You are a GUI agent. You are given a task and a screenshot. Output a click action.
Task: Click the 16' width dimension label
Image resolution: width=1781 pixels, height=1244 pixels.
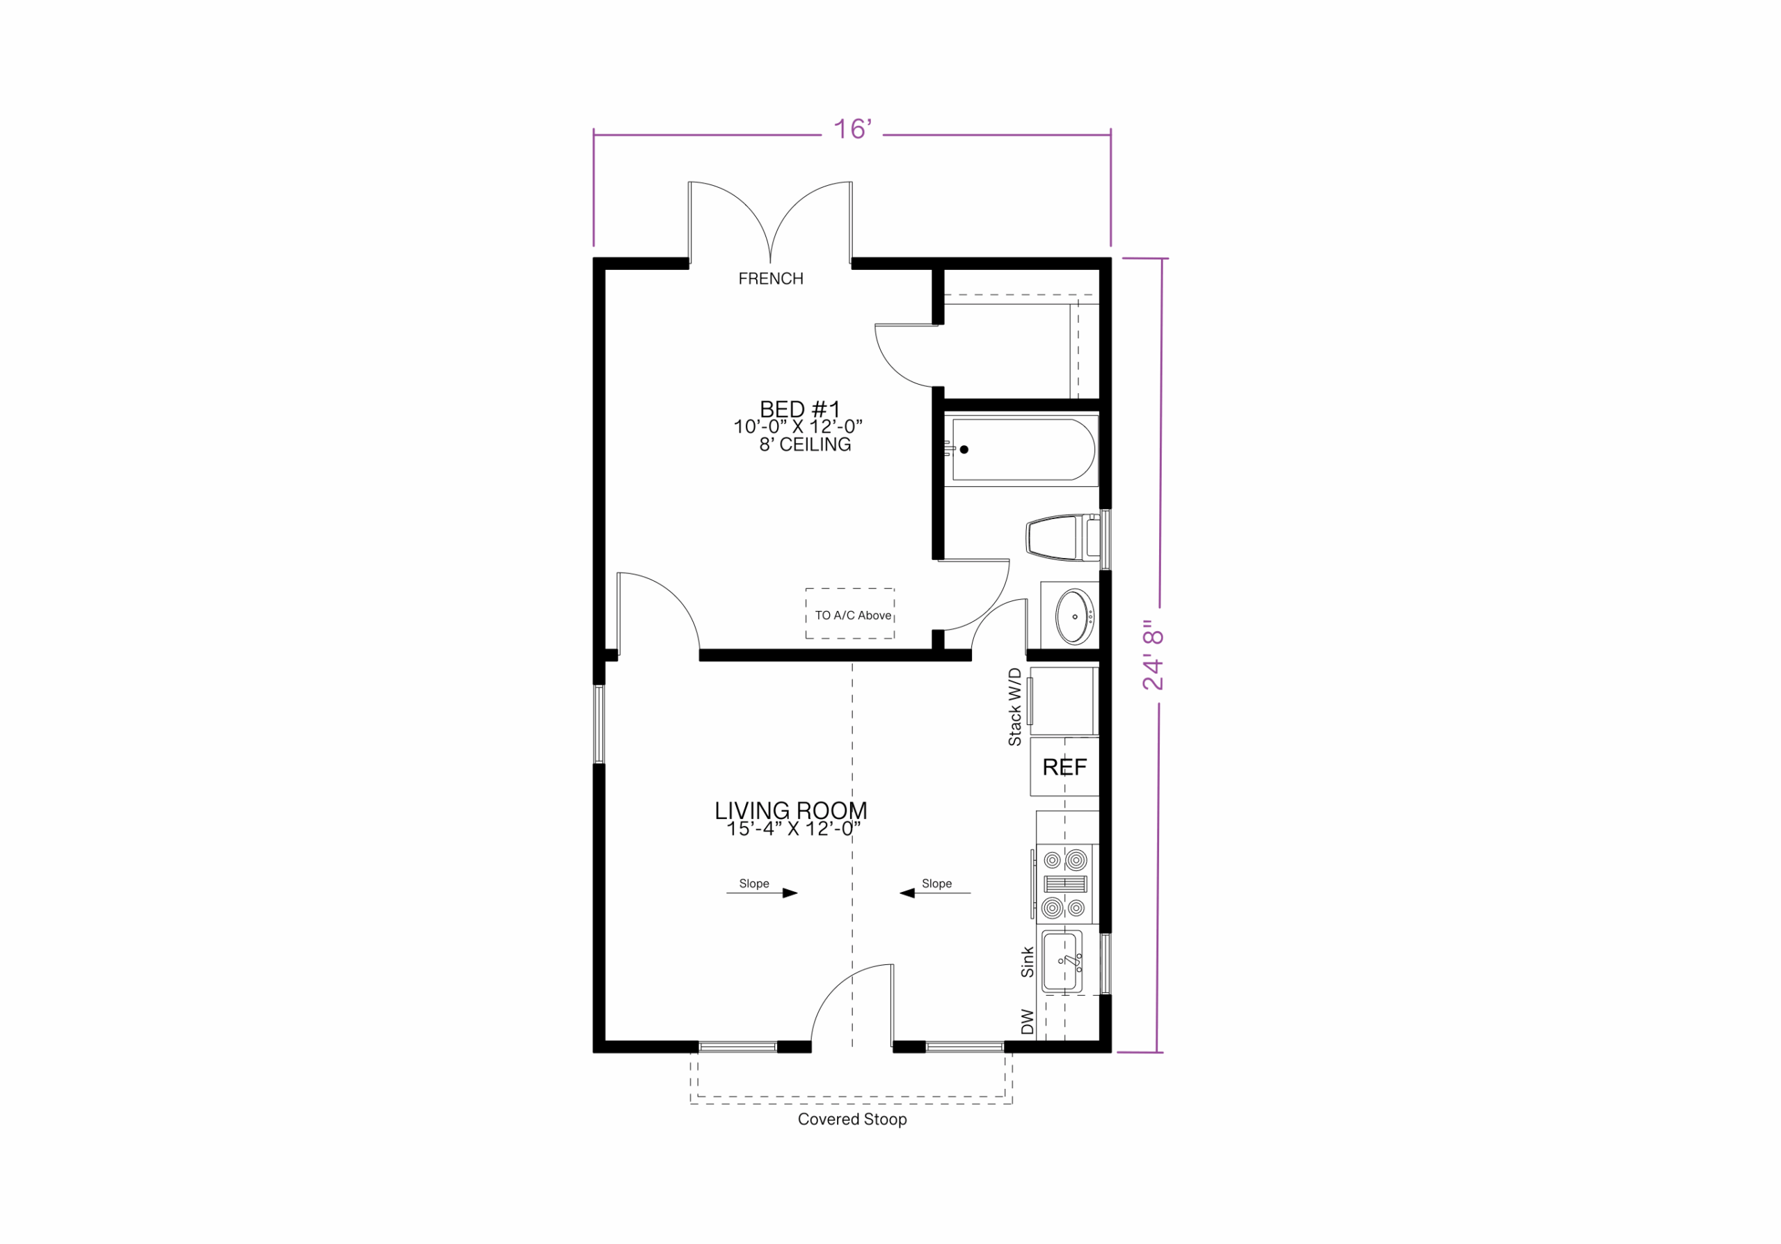tap(852, 129)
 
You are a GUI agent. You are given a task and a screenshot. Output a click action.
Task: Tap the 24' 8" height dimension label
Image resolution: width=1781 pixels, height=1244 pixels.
tap(1153, 655)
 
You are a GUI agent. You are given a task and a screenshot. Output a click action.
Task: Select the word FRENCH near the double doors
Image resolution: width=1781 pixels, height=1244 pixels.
tap(770, 278)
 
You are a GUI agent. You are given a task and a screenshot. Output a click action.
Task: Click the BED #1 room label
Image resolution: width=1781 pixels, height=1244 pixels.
tap(800, 408)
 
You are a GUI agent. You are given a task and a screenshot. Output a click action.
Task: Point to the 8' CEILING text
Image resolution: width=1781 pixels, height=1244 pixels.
tap(805, 445)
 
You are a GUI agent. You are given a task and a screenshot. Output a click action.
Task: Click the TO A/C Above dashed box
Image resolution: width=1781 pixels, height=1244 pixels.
tap(850, 614)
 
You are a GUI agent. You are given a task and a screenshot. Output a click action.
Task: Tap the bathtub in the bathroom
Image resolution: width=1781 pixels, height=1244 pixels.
tap(1023, 450)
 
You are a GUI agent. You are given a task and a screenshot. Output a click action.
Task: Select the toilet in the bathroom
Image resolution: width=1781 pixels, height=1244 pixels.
tap(1063, 537)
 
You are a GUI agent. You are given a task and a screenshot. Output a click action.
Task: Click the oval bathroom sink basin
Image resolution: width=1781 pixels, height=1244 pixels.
tap(1074, 616)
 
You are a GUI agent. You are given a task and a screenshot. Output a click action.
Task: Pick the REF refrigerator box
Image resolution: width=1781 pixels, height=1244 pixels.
tap(1064, 767)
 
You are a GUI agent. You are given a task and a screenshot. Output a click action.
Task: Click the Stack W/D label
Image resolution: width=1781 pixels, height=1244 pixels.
tap(1014, 708)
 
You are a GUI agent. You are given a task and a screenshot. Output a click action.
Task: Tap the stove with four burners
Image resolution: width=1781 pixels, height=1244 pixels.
tap(1065, 884)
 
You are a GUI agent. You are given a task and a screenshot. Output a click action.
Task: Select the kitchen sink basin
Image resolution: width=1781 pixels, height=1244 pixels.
tap(1061, 962)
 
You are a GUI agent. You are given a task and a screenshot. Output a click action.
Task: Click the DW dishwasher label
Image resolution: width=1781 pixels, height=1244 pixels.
tap(1028, 1021)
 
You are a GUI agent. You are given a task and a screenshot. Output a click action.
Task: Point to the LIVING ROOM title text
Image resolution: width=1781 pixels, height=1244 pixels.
tap(790, 811)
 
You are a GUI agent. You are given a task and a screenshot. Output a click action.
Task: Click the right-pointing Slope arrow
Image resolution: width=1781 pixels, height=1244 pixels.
tap(762, 893)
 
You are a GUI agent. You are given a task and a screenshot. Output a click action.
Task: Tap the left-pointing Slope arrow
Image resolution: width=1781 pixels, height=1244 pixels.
tap(935, 893)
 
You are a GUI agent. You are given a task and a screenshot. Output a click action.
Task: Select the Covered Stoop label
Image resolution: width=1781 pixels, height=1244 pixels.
tap(852, 1119)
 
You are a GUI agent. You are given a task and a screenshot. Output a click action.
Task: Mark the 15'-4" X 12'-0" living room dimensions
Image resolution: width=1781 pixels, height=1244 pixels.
tap(794, 829)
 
